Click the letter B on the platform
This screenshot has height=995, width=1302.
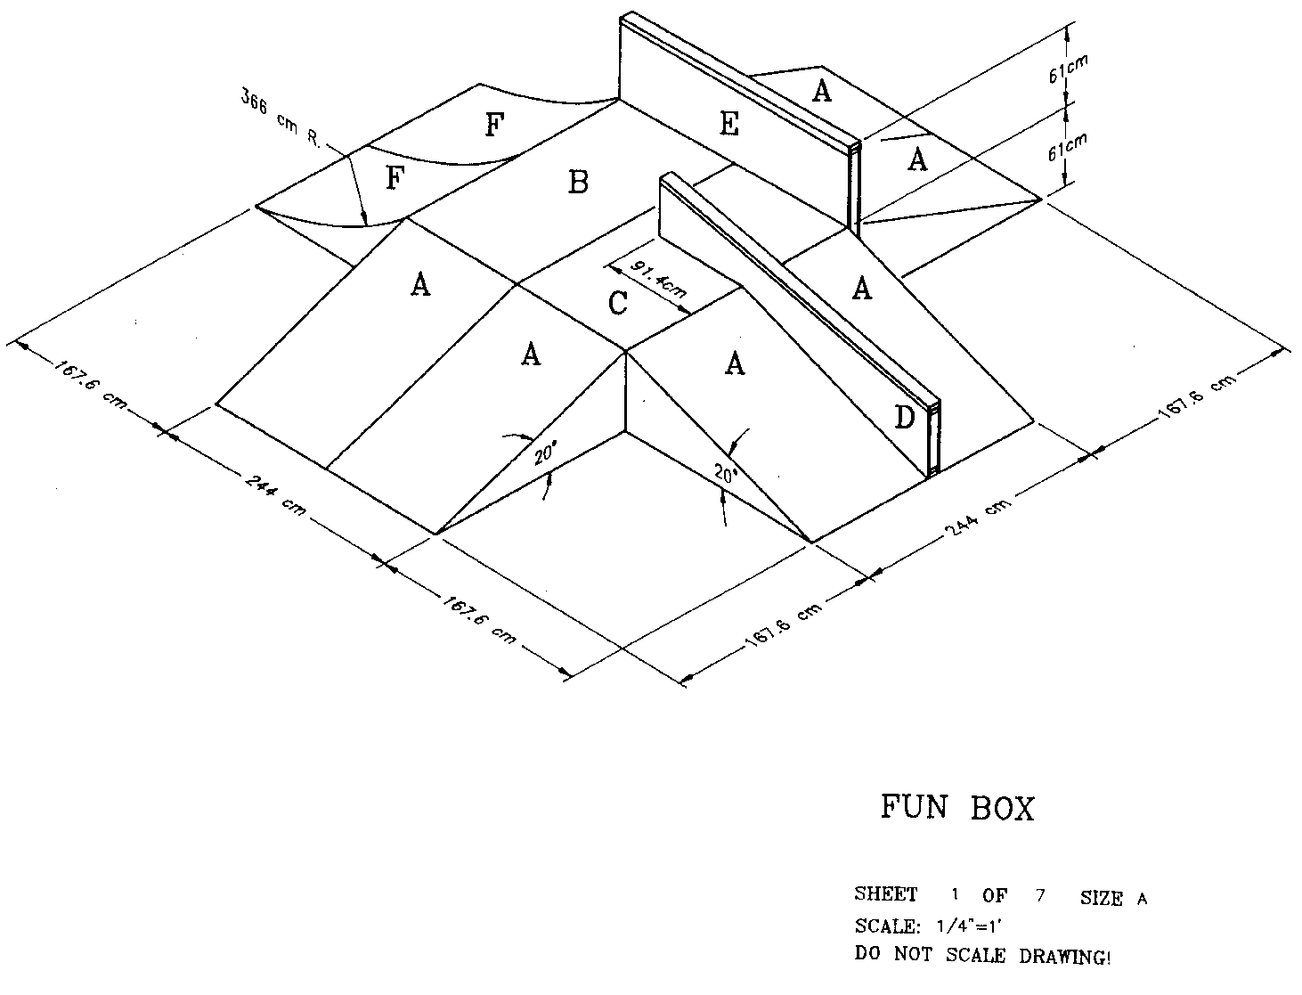578,183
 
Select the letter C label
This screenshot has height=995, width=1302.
617,304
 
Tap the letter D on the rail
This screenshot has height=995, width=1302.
904,417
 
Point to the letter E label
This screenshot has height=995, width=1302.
728,126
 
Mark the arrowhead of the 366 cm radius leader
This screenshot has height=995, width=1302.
363,223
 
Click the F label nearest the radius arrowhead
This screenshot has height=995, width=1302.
395,179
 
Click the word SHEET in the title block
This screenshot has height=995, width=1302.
885,894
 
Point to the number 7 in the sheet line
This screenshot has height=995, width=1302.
1039,894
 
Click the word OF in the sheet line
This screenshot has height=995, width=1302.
994,895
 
